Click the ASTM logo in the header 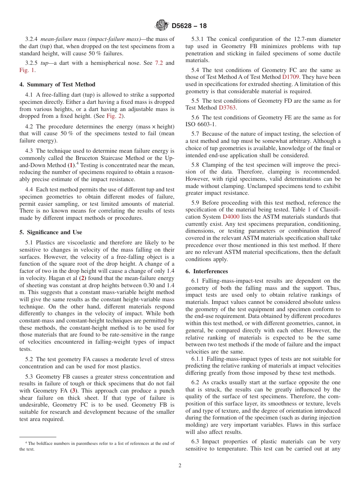162,26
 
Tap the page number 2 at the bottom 180,466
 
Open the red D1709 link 291,77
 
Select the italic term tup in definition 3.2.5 44,63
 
